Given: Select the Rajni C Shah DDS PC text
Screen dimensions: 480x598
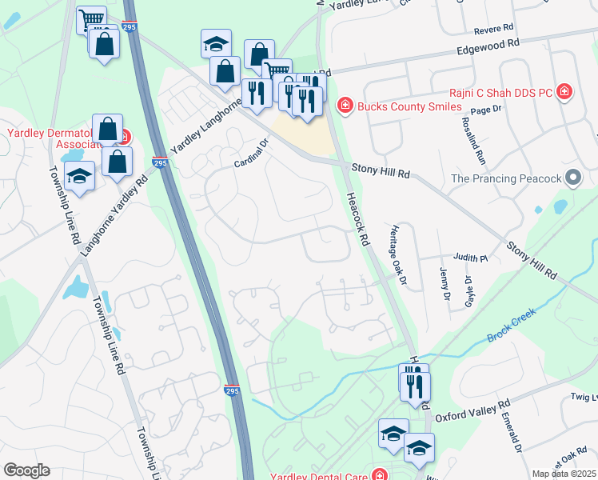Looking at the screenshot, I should [x=500, y=93].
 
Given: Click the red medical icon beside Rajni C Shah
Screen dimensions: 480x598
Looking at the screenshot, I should [x=565, y=92].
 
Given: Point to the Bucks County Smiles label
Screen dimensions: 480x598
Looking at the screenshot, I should [x=409, y=106].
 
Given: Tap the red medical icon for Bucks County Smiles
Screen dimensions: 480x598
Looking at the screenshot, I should [x=345, y=106].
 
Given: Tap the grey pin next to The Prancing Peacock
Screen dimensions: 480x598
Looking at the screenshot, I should [x=572, y=178].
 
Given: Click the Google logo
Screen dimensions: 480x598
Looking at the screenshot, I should [x=26, y=470].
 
